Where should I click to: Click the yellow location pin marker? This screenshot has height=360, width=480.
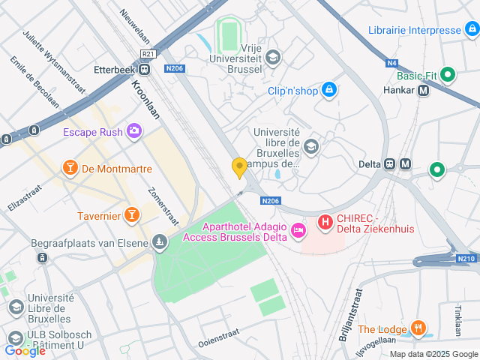point(240,167)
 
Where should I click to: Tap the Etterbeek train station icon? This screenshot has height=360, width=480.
point(144,70)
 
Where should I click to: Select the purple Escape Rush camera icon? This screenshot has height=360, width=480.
point(134,131)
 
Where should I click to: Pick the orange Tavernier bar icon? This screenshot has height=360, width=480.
point(132,216)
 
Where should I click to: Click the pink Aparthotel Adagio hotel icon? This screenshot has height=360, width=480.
point(298,229)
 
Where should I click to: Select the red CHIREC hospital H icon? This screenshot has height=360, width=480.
point(325,222)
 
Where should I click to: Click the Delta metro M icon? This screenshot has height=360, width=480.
point(406,164)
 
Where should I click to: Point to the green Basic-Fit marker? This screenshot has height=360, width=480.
point(448,75)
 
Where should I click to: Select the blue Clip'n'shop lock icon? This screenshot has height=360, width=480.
point(328,91)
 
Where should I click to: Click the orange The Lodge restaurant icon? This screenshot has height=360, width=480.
point(418,329)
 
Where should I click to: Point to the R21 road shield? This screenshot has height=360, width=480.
point(148,53)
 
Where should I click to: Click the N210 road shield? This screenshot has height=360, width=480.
point(466,259)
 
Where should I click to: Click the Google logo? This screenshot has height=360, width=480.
point(25,350)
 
